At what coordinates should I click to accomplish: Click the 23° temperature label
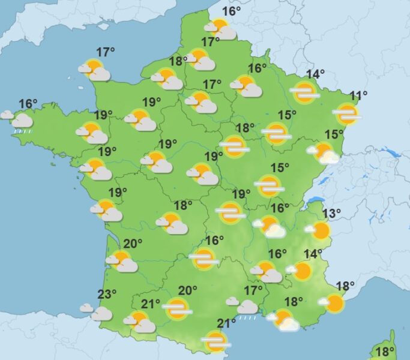point(107,294)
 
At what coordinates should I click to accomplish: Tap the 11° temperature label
point(358,95)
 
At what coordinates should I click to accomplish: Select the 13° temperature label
point(331,213)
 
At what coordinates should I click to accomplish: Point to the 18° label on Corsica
point(384,351)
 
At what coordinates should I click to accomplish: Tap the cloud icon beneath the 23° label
point(98,312)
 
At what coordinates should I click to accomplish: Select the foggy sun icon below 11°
point(346,114)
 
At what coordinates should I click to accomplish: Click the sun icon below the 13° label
point(320,231)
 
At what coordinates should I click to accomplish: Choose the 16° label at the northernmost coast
point(231,11)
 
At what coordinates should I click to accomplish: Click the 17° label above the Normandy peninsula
point(105,52)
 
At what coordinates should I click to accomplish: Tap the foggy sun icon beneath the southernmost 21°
point(215,342)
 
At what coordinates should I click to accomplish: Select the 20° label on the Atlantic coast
point(133,243)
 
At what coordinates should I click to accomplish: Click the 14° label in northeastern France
point(315,74)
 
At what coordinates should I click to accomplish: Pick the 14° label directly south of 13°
point(312,254)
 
